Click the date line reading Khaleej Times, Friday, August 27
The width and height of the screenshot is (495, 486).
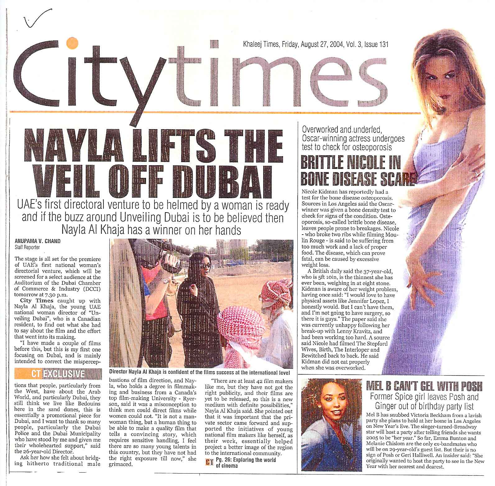pyautogui.click(x=315, y=45)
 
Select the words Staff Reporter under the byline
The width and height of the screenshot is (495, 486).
pyautogui.click(x=28, y=247)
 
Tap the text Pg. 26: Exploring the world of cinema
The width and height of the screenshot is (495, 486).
pyautogui.click(x=245, y=463)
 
